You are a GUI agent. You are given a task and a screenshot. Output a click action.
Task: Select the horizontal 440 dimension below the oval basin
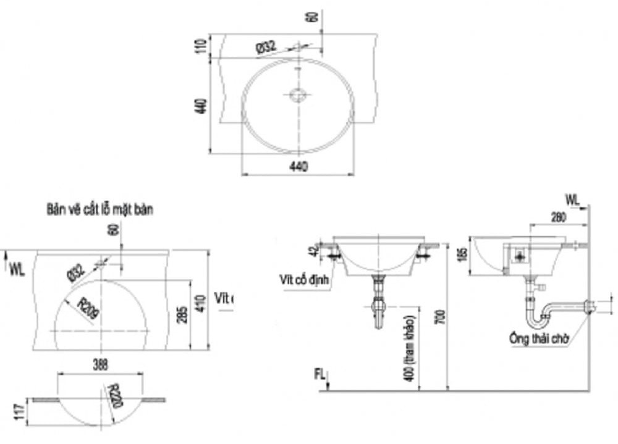[298, 165]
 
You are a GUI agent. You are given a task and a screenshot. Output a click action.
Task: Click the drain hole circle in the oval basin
[298, 95]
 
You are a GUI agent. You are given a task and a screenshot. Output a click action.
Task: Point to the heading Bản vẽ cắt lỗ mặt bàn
[99, 209]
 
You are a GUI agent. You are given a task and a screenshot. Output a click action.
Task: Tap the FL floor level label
[319, 373]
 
